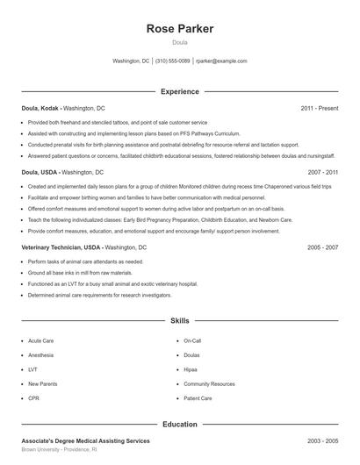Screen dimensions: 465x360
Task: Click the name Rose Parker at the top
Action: click(x=179, y=29)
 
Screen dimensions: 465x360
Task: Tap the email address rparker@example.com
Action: click(x=221, y=61)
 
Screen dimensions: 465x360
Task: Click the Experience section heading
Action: click(x=180, y=91)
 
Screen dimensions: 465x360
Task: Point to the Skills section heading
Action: click(x=180, y=321)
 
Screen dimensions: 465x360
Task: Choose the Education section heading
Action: click(x=180, y=425)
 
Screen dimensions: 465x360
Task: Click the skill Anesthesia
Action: click(x=40, y=355)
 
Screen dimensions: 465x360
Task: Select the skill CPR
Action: click(x=33, y=398)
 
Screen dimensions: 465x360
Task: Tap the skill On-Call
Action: click(x=192, y=340)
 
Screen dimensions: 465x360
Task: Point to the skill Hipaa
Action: click(x=191, y=369)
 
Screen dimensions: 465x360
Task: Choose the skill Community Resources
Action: click(x=209, y=384)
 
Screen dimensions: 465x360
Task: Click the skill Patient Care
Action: click(x=198, y=398)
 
